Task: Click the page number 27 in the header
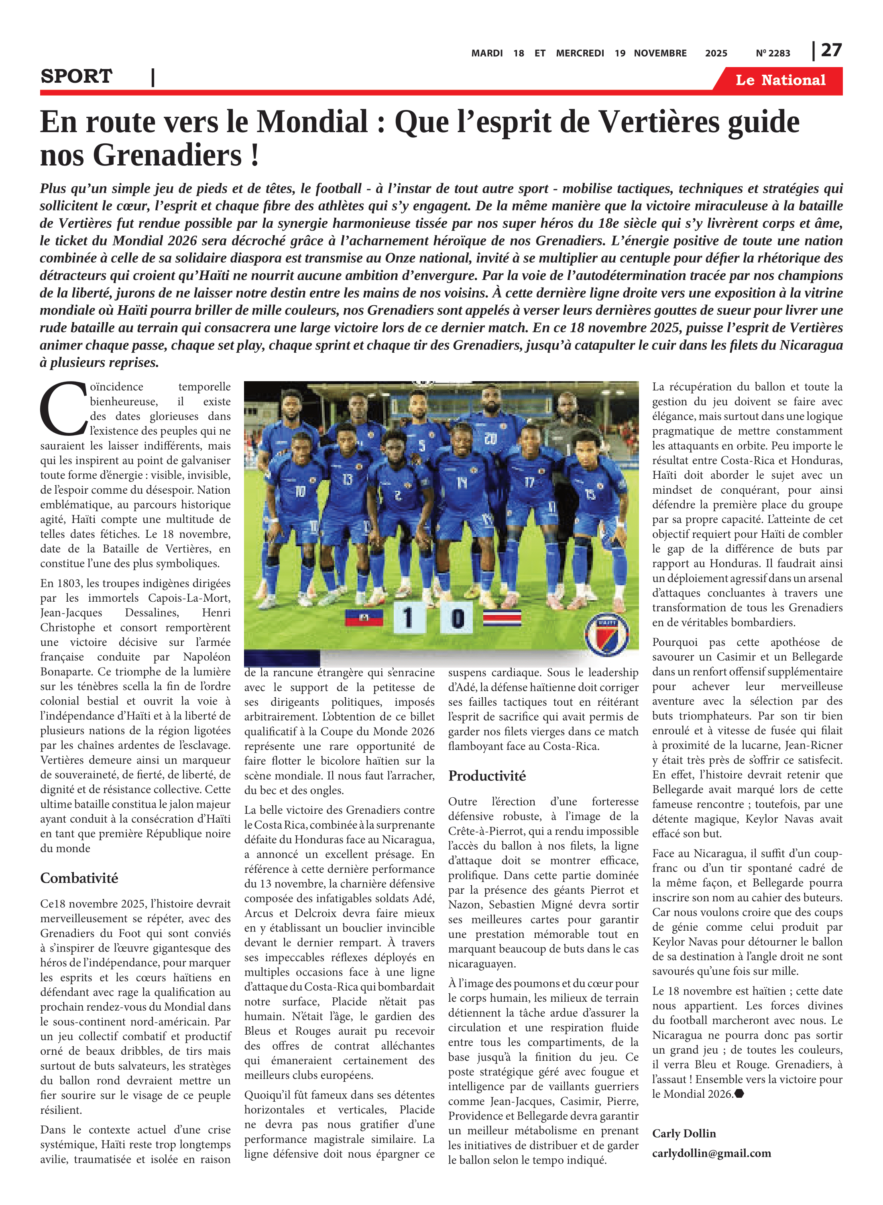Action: [x=831, y=50]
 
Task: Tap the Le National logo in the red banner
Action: [x=780, y=80]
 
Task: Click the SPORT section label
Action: [x=76, y=76]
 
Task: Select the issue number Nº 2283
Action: [x=773, y=53]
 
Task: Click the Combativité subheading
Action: [x=79, y=878]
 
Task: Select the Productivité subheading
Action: [x=487, y=776]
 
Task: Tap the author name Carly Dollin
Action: [x=684, y=1134]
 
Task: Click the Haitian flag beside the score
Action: [x=364, y=618]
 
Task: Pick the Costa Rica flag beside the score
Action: [x=502, y=618]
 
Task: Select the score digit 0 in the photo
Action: [x=457, y=618]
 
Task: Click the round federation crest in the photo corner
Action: [x=607, y=634]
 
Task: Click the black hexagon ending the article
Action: [x=739, y=1094]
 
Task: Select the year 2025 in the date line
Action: [x=716, y=53]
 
